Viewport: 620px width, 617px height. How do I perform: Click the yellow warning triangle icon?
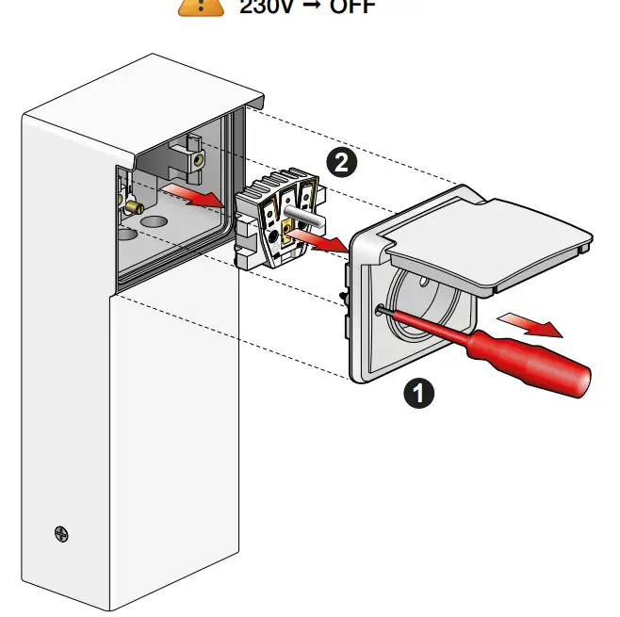202,5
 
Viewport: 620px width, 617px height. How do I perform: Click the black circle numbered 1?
418,391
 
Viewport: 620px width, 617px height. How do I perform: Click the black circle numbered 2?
342,162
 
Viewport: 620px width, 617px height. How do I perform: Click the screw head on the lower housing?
61,534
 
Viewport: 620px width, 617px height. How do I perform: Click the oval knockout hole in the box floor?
151,226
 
